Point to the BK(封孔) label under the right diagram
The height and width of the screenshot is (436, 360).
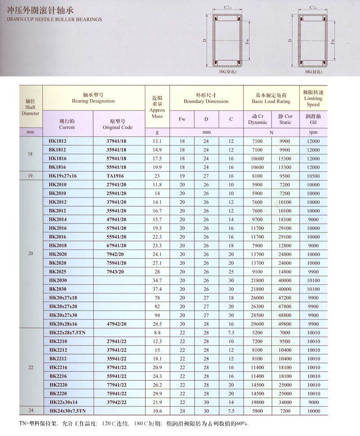314,72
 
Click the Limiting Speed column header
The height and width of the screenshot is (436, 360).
313,98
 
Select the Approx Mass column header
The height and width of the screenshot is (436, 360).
157,107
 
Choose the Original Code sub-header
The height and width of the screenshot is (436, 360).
119,124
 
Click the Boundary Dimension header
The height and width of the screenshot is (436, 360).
206,98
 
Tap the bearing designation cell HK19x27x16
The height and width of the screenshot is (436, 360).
63,176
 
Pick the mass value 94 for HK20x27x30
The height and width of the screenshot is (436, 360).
157,315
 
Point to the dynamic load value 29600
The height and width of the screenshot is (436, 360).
257,324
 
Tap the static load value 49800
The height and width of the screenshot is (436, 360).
285,324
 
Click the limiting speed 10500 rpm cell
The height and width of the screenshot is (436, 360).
313,176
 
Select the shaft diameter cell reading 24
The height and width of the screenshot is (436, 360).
31,411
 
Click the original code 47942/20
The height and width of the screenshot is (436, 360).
117,324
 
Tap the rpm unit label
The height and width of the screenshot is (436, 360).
313,133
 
